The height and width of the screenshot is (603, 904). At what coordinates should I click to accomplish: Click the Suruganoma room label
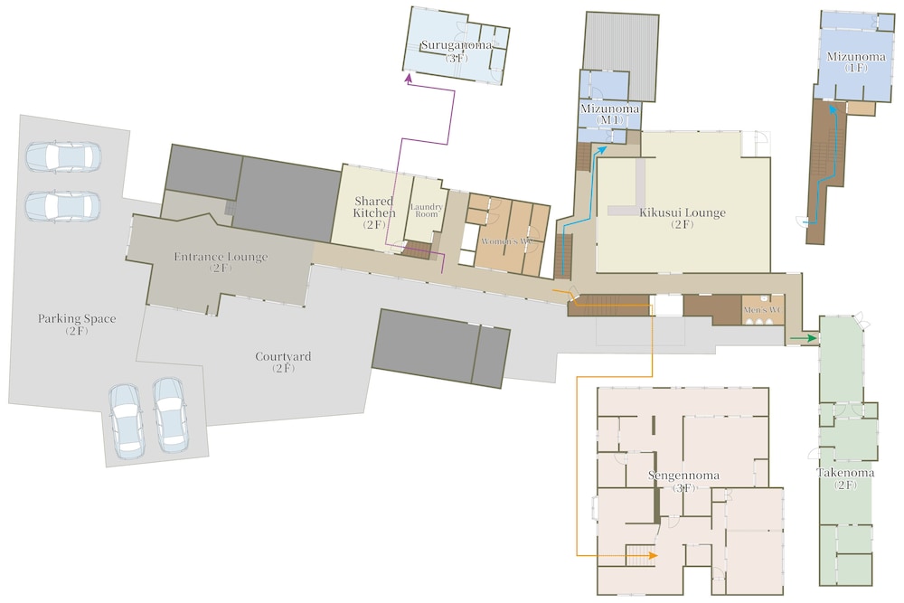pyautogui.click(x=456, y=51)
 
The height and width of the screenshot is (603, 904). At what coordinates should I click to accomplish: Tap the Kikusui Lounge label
pyautogui.click(x=682, y=218)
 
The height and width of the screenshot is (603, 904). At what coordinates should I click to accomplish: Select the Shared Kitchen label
pyautogui.click(x=374, y=212)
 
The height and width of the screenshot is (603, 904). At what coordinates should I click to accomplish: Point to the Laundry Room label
pyautogui.click(x=427, y=210)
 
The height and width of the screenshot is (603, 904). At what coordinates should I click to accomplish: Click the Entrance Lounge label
pyautogui.click(x=221, y=262)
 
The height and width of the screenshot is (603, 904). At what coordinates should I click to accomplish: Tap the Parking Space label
pyautogui.click(x=77, y=324)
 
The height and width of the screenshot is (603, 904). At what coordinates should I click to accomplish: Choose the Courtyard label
pyautogui.click(x=283, y=362)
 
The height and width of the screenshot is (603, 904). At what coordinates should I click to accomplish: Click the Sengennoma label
pyautogui.click(x=683, y=481)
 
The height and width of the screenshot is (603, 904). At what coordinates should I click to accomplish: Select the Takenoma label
pyautogui.click(x=845, y=478)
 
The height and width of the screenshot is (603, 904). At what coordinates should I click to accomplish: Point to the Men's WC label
pyautogui.click(x=763, y=310)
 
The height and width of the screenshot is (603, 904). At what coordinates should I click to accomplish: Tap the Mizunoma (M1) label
pyautogui.click(x=610, y=114)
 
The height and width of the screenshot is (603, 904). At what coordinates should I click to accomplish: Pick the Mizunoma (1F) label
pyautogui.click(x=856, y=61)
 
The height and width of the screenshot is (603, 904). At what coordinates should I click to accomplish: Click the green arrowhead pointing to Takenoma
pyautogui.click(x=813, y=338)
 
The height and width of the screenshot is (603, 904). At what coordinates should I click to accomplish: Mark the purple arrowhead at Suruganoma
pyautogui.click(x=409, y=80)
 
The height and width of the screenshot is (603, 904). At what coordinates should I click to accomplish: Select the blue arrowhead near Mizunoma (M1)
pyautogui.click(x=602, y=149)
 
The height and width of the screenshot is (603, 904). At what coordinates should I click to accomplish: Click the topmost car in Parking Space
pyautogui.click(x=63, y=156)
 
